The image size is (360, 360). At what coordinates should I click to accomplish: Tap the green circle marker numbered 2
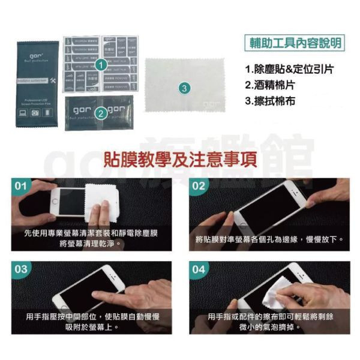(x=101, y=112)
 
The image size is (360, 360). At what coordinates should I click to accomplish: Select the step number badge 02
(x=199, y=185)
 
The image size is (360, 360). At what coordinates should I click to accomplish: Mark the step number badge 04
(x=199, y=269)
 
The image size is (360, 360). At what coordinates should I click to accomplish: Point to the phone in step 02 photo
(x=270, y=207)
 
